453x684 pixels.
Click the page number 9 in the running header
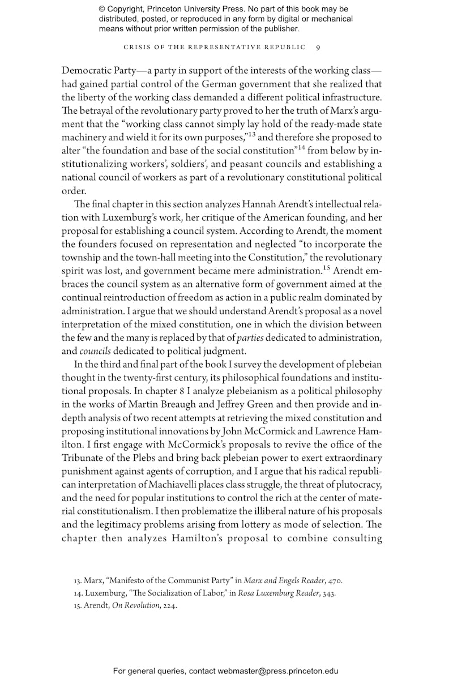318,47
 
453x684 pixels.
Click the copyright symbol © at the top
102,9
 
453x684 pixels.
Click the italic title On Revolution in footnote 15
129,605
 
